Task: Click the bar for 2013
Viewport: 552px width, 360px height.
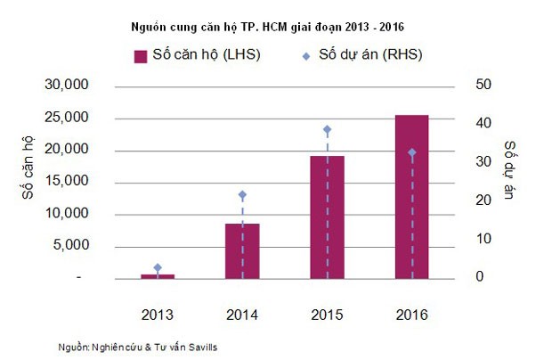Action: click(158, 276)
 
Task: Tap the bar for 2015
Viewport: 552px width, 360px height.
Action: click(327, 217)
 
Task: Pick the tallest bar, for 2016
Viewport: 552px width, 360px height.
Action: click(411, 196)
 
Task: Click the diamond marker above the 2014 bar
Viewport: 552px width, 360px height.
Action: click(242, 194)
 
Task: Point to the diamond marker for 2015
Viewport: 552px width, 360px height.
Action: click(327, 129)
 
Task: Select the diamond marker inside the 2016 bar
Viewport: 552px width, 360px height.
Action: click(411, 152)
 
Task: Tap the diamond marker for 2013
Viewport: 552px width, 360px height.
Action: click(158, 267)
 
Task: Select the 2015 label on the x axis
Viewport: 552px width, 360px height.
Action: click(327, 315)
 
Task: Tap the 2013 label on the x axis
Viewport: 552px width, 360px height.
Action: click(158, 315)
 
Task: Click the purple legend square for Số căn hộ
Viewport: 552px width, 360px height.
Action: click(140, 56)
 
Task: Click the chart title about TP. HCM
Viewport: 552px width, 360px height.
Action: click(277, 24)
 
